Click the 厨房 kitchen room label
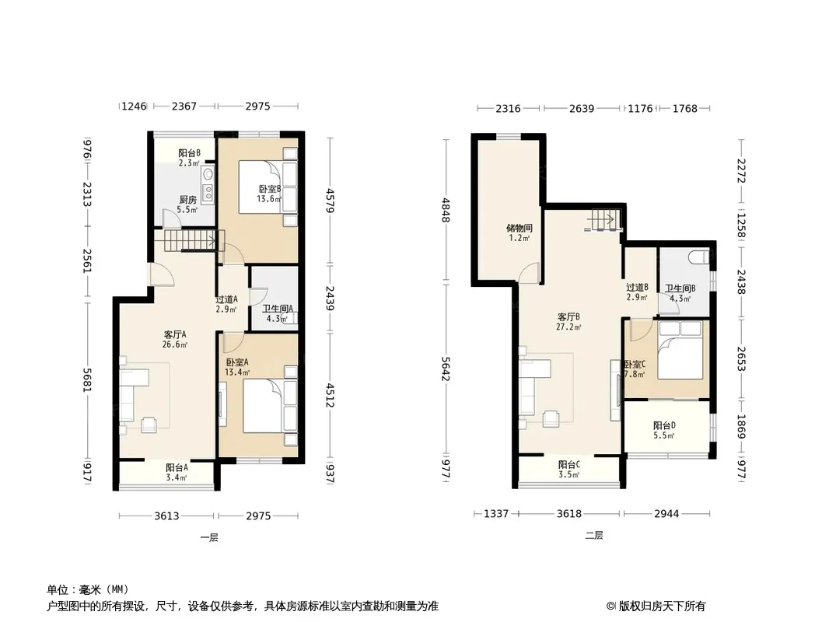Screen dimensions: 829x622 pyautogui.click(x=187, y=200)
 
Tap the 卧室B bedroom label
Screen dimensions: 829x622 pyautogui.click(x=270, y=189)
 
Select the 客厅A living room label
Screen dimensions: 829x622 pyautogui.click(x=174, y=334)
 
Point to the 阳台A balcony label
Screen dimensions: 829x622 pyautogui.click(x=177, y=468)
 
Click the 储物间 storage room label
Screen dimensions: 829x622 pyautogui.click(x=519, y=229)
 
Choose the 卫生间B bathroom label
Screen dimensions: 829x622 pyautogui.click(x=680, y=288)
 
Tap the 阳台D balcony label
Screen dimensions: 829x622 pyautogui.click(x=664, y=425)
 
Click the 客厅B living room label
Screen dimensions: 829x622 pyautogui.click(x=569, y=317)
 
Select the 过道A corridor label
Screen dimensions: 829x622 pyautogui.click(x=226, y=299)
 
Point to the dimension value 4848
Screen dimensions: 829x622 pyautogui.click(x=446, y=211)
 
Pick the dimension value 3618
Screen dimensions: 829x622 pyautogui.click(x=569, y=514)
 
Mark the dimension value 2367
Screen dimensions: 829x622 pyautogui.click(x=184, y=107)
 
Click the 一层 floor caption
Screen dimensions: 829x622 pyautogui.click(x=209, y=538)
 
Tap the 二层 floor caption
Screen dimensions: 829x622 pyautogui.click(x=594, y=536)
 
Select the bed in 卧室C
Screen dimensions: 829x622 pyautogui.click(x=680, y=350)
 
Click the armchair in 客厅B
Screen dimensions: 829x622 pyautogui.click(x=552, y=418)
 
